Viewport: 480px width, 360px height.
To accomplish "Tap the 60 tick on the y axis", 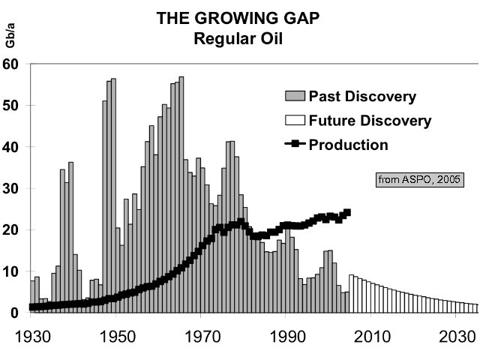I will pos(11,64).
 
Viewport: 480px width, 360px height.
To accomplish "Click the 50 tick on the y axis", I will pos(11,105).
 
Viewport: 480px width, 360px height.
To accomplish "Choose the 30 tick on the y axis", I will pos(11,188).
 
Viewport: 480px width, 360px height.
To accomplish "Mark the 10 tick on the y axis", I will pos(11,271).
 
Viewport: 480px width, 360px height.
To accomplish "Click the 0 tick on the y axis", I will pos(15,313).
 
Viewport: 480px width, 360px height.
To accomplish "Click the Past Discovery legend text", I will pos(361,97).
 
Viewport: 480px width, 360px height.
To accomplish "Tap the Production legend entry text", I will pos(349,145).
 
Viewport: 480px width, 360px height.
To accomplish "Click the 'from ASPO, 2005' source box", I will pos(418,179).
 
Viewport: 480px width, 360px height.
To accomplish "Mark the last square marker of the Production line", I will pos(346,212).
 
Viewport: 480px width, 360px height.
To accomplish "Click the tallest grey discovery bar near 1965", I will pos(181,195).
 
